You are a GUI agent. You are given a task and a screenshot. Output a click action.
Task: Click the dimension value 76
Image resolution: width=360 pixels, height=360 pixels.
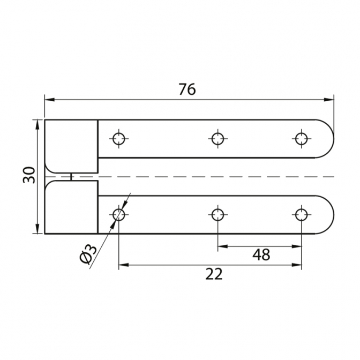(187, 89)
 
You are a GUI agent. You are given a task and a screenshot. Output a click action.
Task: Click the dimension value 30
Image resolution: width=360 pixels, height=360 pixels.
(29, 175)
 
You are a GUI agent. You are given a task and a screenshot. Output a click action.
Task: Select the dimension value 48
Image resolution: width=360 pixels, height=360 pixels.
(261, 254)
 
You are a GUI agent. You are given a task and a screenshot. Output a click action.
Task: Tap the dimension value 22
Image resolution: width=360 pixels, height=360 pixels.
(214, 274)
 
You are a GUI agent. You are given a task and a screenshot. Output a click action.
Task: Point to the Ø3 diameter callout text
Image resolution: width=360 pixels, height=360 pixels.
(88, 254)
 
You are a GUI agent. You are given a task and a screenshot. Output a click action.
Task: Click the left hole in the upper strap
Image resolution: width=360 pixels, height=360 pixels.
(119, 139)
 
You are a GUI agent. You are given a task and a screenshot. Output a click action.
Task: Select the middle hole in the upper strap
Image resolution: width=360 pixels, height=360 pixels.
(217, 139)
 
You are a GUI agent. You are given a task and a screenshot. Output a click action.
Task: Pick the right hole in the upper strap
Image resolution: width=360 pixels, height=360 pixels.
(301, 139)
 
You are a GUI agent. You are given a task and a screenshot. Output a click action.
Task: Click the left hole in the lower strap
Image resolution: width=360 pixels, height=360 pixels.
(119, 215)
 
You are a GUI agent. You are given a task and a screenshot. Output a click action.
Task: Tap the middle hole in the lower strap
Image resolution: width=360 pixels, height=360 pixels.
(217, 215)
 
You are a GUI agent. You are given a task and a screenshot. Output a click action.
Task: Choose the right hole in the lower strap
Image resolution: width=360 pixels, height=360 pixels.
(301, 215)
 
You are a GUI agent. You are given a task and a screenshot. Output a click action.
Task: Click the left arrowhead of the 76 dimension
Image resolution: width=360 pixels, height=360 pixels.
(50, 100)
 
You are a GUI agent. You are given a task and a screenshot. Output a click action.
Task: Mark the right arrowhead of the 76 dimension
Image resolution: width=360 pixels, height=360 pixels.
(329, 100)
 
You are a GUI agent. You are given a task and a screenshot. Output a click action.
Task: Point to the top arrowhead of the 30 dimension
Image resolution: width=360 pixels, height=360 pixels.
(37, 125)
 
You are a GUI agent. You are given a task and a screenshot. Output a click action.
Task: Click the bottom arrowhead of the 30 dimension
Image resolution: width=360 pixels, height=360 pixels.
(37, 229)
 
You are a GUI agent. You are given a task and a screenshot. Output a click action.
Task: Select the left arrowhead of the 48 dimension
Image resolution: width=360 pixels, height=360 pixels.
(223, 246)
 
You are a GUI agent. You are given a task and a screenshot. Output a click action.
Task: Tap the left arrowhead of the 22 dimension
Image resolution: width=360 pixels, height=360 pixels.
(124, 265)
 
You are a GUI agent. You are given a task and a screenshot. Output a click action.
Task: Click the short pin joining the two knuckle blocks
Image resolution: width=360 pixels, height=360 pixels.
(71, 177)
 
